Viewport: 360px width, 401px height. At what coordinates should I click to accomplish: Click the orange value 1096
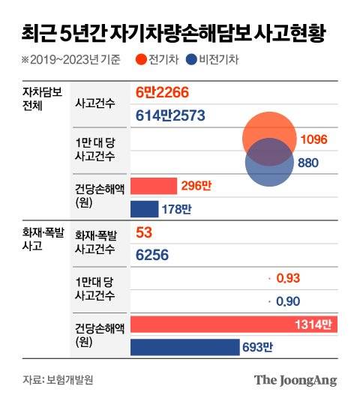pyautogui.click(x=313, y=139)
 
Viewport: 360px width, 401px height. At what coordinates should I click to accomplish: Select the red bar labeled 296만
pyautogui.click(x=154, y=186)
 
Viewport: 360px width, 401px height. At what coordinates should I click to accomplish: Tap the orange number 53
pyautogui.click(x=144, y=233)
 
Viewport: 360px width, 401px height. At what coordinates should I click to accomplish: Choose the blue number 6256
pyautogui.click(x=152, y=255)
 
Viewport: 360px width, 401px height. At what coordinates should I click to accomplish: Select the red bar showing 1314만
pyautogui.click(x=232, y=325)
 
